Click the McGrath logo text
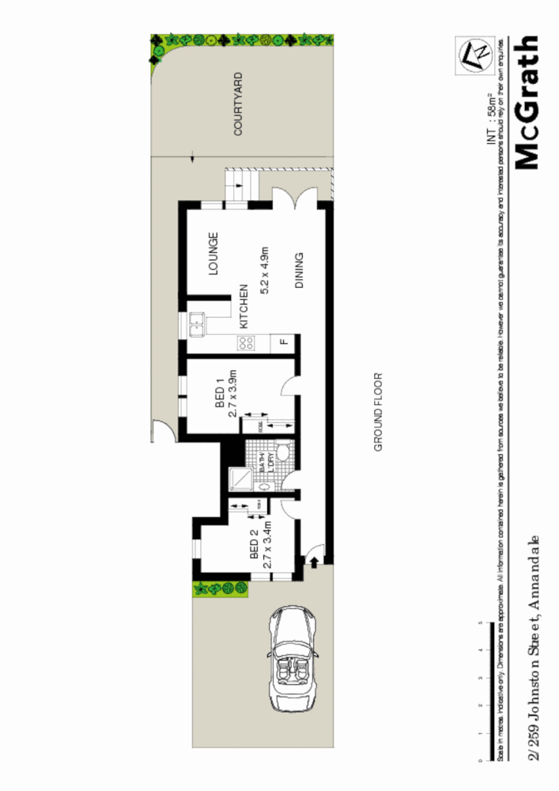(x=527, y=103)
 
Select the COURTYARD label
(x=238, y=105)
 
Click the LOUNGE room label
(x=213, y=253)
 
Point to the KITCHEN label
(x=244, y=307)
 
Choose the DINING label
(x=300, y=271)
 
